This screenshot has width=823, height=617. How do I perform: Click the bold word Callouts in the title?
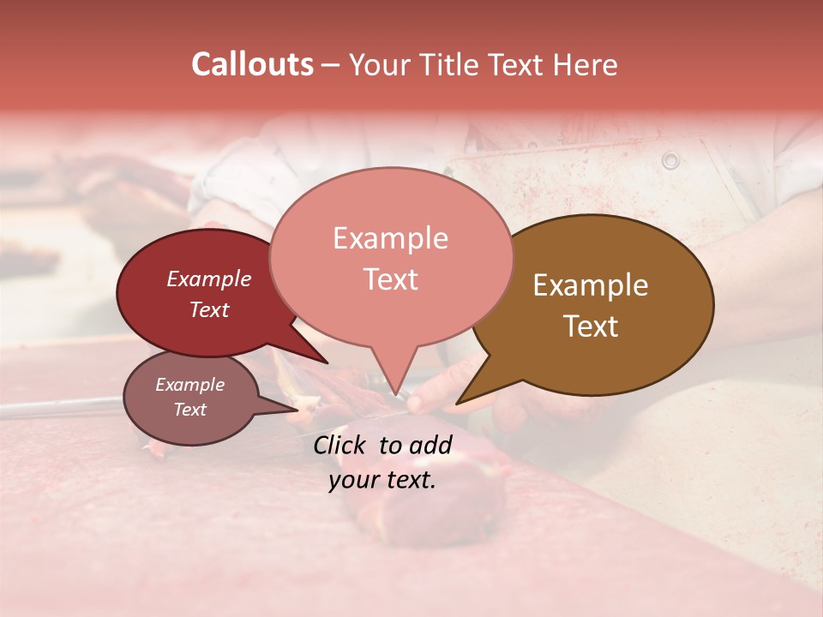[252, 64]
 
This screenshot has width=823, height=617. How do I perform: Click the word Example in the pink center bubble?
[390, 238]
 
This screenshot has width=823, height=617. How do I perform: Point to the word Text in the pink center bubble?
[390, 279]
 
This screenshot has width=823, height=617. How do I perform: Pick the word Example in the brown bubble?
[591, 285]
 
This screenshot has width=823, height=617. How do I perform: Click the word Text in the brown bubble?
[591, 326]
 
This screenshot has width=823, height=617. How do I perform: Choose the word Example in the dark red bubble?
[208, 279]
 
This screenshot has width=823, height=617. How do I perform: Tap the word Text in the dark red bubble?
[208, 309]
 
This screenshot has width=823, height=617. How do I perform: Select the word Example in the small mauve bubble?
[189, 385]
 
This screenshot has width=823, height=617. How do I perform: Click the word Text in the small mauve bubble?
[189, 410]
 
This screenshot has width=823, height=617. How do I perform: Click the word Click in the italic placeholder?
[341, 445]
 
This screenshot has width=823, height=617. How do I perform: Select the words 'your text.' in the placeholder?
[381, 480]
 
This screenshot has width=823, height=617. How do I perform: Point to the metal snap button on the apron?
[670, 160]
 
